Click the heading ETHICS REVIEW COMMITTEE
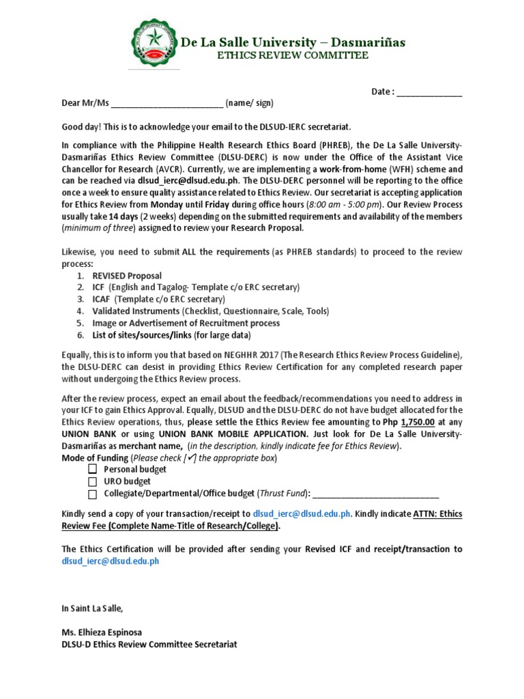[293, 56]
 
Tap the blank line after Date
[429, 93]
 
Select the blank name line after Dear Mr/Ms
[166, 104]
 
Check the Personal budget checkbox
[92, 470]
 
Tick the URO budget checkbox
[92, 482]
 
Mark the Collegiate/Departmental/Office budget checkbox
[92, 494]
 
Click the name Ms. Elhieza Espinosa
[102, 631]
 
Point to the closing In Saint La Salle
[93, 608]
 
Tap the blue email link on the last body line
[111, 560]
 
